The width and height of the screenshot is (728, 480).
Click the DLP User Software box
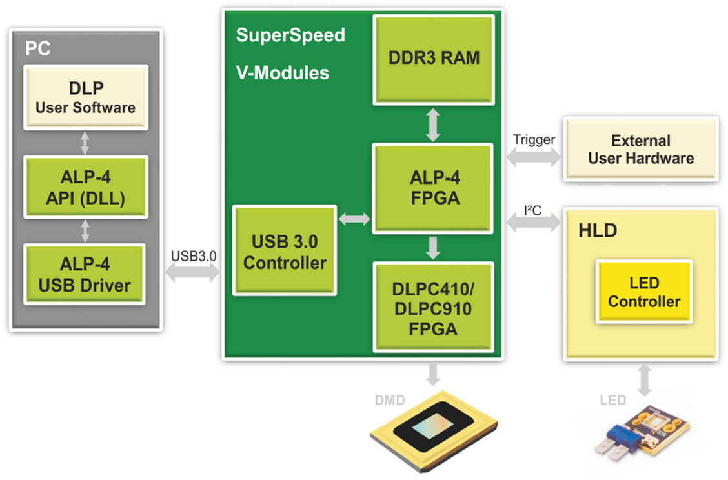coord(85,97)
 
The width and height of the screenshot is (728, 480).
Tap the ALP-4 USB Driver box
coord(85,274)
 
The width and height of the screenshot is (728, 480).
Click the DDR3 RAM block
coord(434,57)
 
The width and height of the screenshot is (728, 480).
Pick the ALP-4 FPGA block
coord(434,187)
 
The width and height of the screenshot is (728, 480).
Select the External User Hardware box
coord(641,149)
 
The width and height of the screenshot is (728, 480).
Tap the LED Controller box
coord(644,292)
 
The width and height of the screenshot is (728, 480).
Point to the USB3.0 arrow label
coord(194,255)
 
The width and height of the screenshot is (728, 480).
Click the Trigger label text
coord(534,139)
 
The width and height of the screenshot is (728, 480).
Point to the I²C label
coord(533,210)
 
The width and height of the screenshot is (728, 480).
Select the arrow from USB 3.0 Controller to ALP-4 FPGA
coord(355,219)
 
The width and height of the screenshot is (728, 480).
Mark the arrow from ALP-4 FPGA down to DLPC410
coord(433,247)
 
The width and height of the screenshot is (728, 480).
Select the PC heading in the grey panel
coord(37,49)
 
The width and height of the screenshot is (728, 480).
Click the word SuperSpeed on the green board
coord(290,35)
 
